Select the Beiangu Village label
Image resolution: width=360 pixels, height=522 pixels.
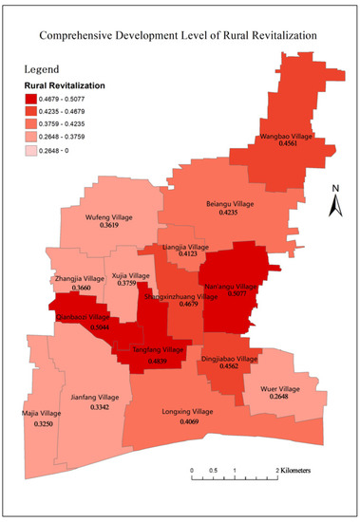(228, 203)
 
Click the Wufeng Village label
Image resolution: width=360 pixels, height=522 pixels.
(109, 217)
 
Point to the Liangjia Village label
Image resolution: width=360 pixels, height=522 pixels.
(185, 247)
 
